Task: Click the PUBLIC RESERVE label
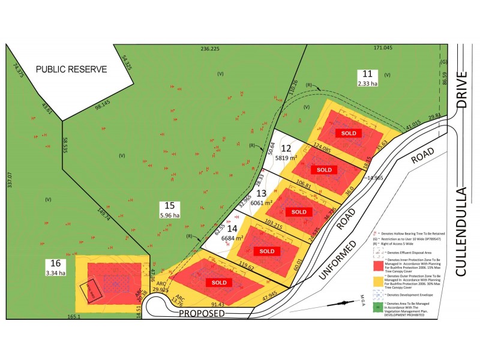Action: point(71,69)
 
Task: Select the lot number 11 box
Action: point(368,74)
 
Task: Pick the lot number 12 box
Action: point(287,148)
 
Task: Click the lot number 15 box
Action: point(170,204)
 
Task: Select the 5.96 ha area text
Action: point(170,214)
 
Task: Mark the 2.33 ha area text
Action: point(368,84)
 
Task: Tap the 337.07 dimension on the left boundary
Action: point(9,178)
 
